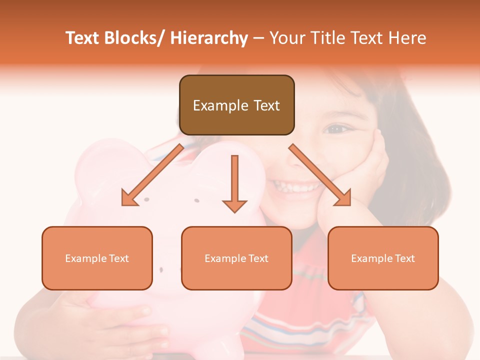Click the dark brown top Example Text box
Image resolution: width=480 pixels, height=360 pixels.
click(236, 105)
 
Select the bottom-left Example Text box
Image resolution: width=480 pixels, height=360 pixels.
click(97, 258)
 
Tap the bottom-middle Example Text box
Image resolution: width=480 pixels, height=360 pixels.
click(236, 258)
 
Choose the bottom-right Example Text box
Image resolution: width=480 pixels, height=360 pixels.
click(383, 258)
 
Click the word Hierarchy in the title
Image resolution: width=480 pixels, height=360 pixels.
click(209, 38)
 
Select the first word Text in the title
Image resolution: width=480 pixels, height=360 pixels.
click(83, 38)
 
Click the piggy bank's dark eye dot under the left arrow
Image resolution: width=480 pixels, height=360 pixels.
click(146, 199)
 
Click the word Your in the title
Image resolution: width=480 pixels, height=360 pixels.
click(287, 38)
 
